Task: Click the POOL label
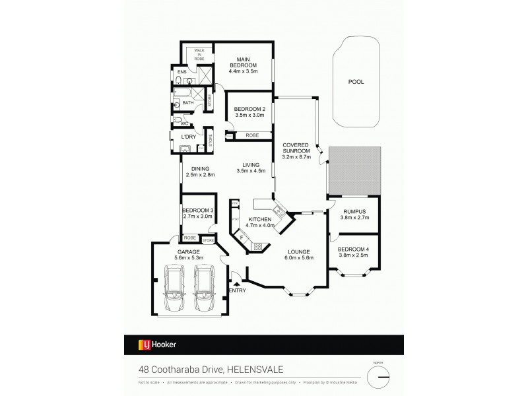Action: click(356, 82)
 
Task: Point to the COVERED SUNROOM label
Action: click(296, 148)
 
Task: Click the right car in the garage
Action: click(206, 288)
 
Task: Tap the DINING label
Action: click(196, 168)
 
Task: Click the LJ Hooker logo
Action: click(156, 344)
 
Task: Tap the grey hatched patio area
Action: click(355, 170)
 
